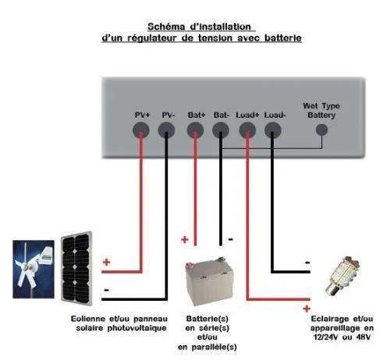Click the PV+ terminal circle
point(141,130)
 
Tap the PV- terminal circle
point(167,130)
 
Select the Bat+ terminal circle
point(196,130)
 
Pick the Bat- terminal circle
point(222,130)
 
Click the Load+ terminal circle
point(248,130)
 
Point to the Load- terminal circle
point(273,130)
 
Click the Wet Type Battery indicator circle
point(320,130)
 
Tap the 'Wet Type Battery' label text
point(321,110)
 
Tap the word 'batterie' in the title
point(282,37)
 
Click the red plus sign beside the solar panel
point(107,262)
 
